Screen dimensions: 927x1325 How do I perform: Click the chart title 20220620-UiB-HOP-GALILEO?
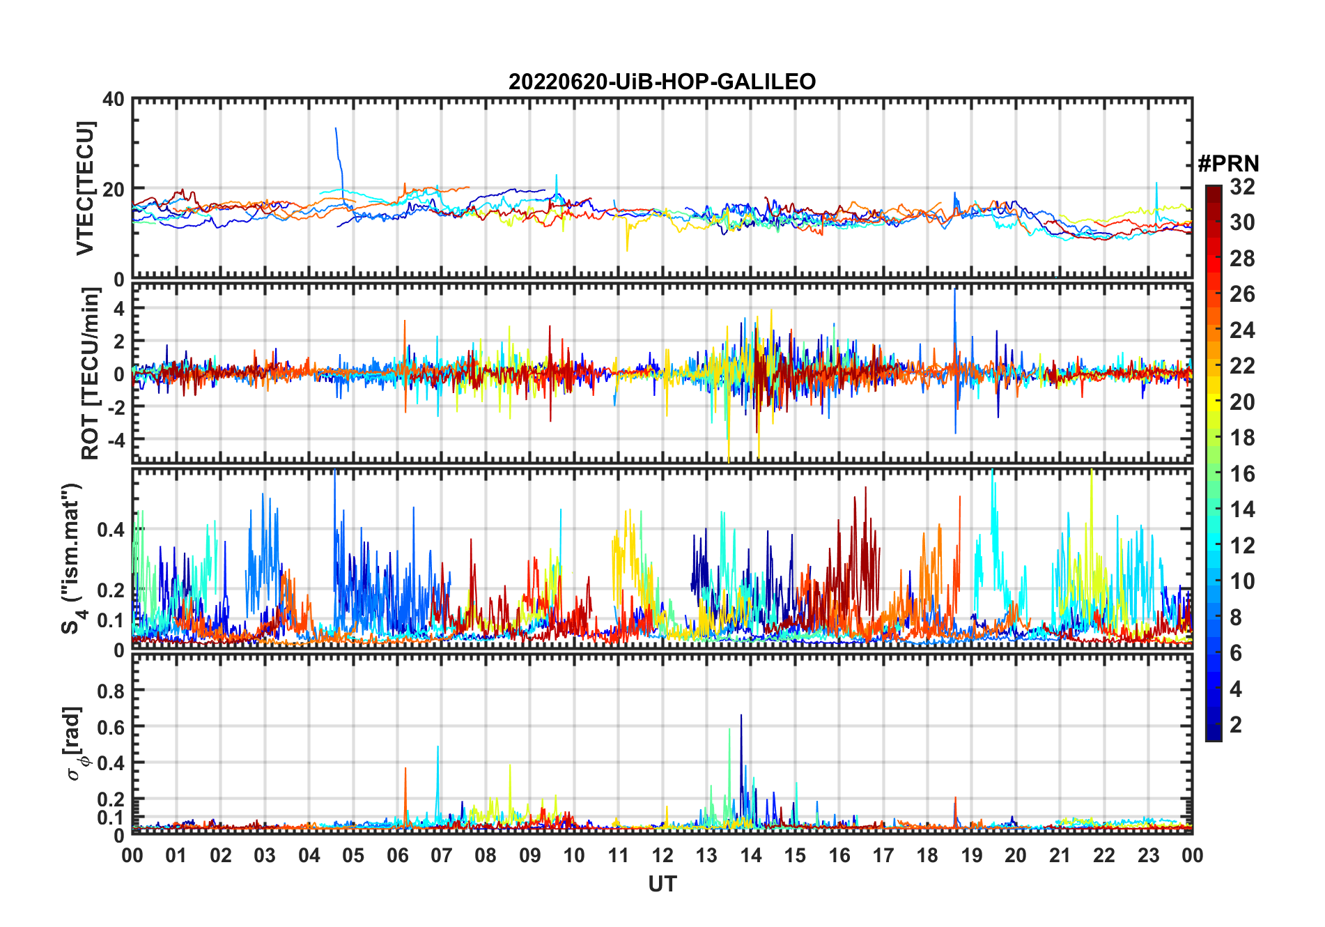662,82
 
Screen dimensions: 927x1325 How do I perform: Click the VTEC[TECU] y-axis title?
85,188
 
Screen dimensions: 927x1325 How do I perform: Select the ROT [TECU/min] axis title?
91,374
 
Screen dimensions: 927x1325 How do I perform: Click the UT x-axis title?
662,884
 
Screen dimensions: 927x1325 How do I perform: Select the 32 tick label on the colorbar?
1242,187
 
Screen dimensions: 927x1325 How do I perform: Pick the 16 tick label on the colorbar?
1242,474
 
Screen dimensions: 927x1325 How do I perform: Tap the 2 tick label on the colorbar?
1236,725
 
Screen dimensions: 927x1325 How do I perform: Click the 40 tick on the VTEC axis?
114,100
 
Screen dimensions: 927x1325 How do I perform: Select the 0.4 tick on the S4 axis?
111,530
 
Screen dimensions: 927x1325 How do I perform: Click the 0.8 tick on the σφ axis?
111,691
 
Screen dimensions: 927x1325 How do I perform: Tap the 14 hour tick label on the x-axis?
750,856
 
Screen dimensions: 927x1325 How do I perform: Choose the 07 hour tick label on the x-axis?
441,856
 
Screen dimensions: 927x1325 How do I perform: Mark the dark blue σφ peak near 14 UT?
741,718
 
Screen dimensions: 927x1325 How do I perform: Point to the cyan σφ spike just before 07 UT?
437,749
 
